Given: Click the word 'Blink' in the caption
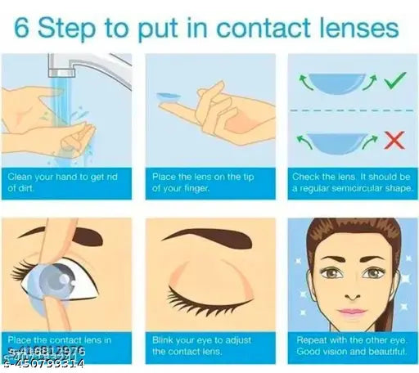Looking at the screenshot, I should click(x=164, y=339).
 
